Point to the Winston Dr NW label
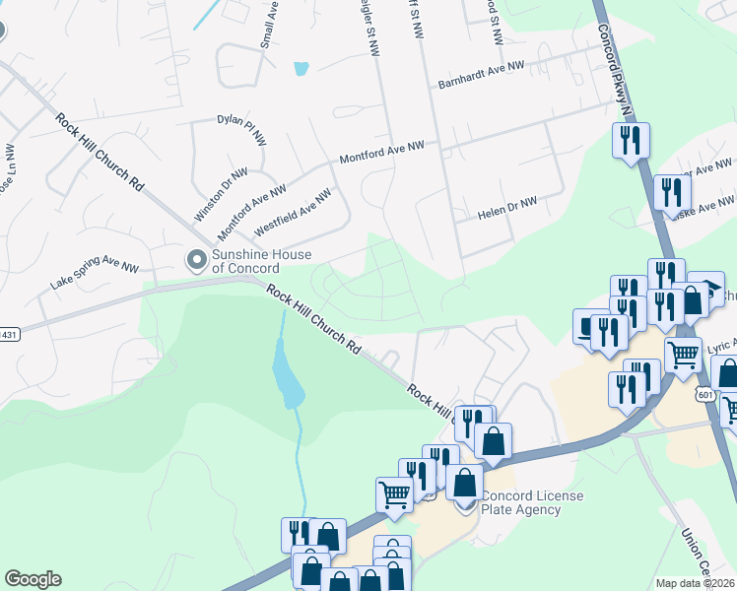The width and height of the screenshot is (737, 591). [214, 193]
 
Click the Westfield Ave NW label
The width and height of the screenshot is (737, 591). [292, 212]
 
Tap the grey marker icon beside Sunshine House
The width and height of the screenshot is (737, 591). [196, 260]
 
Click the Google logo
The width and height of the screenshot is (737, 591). [33, 579]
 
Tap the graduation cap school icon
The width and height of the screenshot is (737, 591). [704, 291]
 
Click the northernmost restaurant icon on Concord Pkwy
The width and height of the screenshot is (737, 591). [630, 140]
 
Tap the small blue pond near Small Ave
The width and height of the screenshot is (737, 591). [301, 69]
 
